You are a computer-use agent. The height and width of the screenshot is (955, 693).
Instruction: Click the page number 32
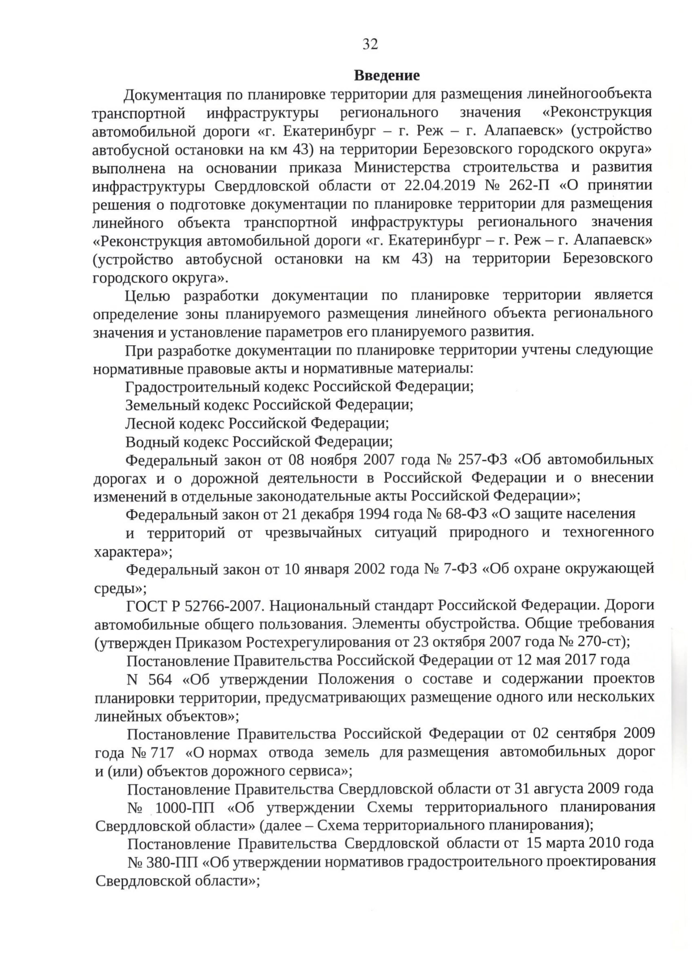[x=370, y=44]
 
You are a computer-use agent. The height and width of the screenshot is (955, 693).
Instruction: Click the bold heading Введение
[x=386, y=76]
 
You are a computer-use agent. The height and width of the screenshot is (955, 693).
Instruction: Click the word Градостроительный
[x=195, y=387]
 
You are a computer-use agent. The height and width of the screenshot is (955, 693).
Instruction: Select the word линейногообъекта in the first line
[x=577, y=94]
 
